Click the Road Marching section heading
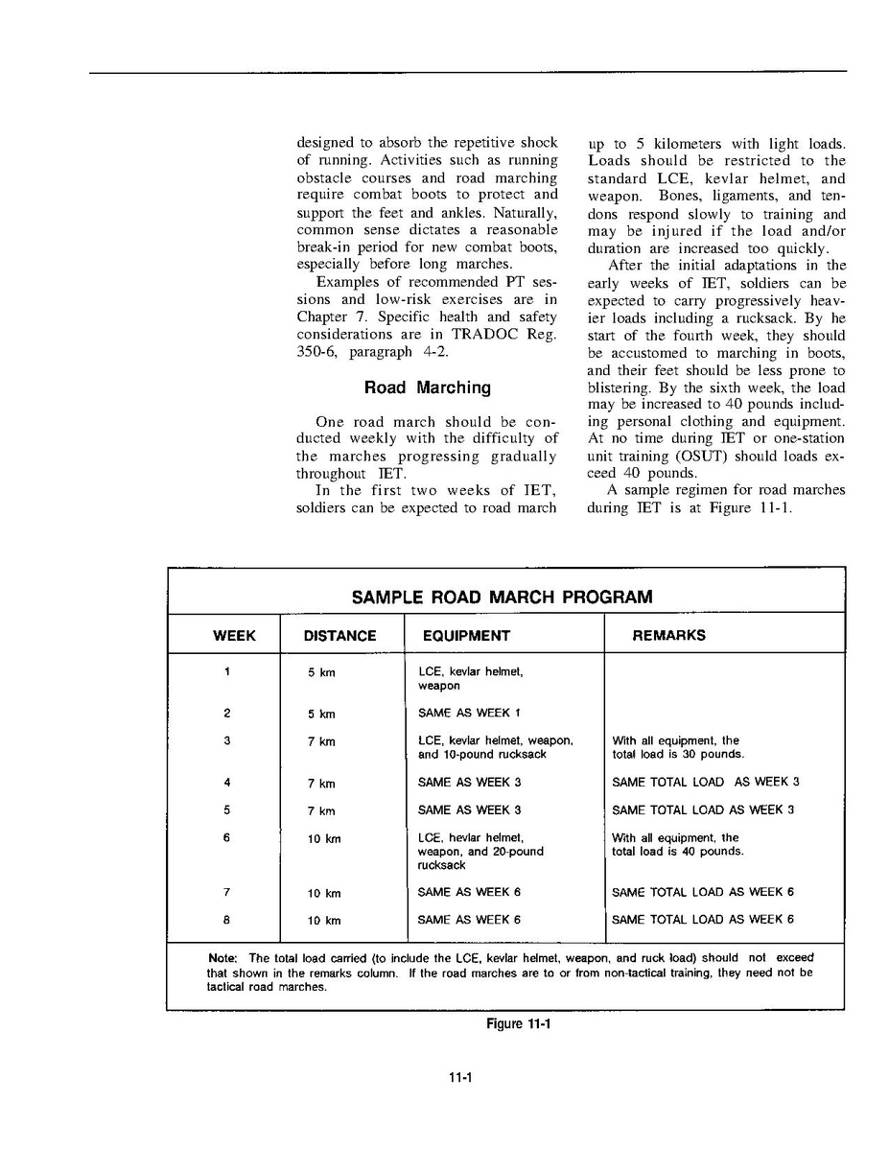(x=427, y=387)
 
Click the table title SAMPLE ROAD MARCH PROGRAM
(x=502, y=597)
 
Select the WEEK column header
(x=234, y=635)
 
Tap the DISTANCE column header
(x=339, y=635)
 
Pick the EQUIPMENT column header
(x=466, y=635)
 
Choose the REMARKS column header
(x=668, y=635)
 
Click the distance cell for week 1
(x=321, y=673)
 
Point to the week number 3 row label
(x=226, y=740)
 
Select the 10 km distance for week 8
(x=324, y=921)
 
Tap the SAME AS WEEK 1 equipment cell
(x=469, y=714)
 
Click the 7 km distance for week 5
(x=321, y=811)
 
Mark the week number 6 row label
(x=226, y=837)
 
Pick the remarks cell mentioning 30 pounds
(x=677, y=747)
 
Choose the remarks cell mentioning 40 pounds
(x=677, y=844)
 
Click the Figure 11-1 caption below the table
(x=519, y=1023)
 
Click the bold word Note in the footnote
(x=223, y=958)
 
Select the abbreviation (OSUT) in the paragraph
(x=706, y=456)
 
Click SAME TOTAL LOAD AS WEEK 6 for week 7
(x=702, y=893)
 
